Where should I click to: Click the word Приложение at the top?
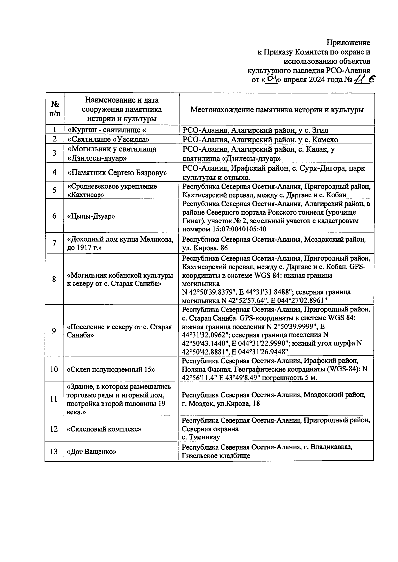[x=348, y=43]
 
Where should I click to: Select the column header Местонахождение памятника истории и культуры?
[x=277, y=110]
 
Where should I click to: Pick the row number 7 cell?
[x=54, y=243]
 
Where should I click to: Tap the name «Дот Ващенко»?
[x=92, y=452]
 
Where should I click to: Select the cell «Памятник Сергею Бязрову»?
[x=117, y=172]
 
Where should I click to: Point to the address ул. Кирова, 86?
[x=205, y=248]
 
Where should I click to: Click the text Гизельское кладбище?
[x=216, y=456]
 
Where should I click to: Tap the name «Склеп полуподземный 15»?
[x=111, y=369]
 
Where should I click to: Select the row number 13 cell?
[x=54, y=452]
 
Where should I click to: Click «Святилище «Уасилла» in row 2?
[x=108, y=139]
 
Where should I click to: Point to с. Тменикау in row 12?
[x=201, y=437]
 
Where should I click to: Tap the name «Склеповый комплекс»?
[x=104, y=429]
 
